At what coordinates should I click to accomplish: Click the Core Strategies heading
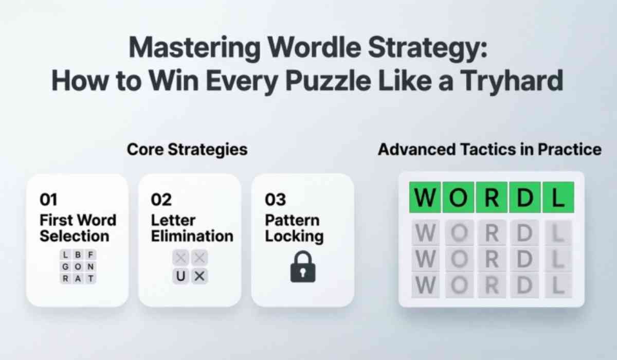[187, 150]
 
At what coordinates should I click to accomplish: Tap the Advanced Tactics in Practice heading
[489, 150]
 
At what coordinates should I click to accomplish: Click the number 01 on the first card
[48, 199]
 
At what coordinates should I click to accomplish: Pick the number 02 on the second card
[161, 199]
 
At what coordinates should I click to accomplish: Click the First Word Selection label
[77, 228]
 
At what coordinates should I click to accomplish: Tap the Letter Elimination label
[192, 228]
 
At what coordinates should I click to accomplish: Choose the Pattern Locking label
[294, 228]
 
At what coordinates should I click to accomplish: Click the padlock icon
[302, 266]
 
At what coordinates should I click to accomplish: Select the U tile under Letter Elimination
[180, 276]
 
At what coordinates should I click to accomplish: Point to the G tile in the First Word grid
[65, 267]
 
